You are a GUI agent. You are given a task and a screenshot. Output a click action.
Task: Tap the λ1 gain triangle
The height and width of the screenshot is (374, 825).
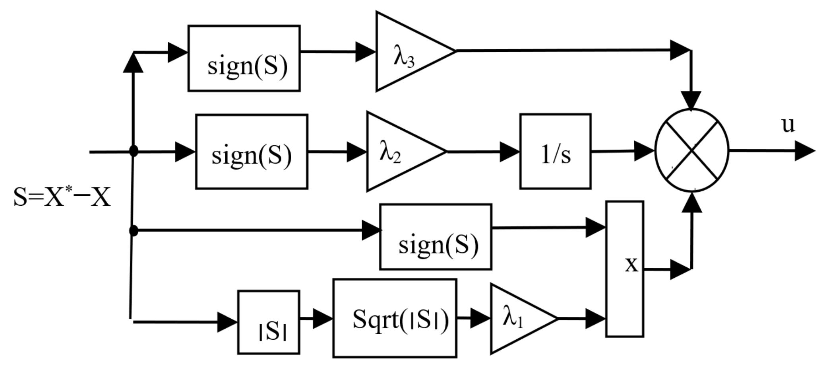point(517,318)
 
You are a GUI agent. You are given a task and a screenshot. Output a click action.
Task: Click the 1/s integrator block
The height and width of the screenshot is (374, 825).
point(555,152)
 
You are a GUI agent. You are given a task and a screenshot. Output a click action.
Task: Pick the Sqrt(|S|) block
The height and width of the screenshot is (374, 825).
point(395,318)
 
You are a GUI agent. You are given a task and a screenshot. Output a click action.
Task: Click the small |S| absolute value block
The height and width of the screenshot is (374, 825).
point(269,322)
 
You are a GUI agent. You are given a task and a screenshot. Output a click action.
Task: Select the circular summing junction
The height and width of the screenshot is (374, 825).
point(692,150)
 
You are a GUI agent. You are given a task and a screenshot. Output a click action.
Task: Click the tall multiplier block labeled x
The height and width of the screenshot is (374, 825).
point(624,269)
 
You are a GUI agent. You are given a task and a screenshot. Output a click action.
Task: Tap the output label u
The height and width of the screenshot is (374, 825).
point(788,125)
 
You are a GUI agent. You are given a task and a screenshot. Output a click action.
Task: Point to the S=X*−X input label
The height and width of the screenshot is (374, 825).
point(62,197)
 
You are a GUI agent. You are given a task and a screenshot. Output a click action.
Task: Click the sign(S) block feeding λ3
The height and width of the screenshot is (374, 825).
point(244,58)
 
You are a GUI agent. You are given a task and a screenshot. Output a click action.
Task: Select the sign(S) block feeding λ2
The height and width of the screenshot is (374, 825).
point(252,152)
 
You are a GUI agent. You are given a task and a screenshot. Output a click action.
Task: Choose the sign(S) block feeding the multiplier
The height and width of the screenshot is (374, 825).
point(436,237)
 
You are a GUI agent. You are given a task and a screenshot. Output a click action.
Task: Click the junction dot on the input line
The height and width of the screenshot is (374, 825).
point(134,151)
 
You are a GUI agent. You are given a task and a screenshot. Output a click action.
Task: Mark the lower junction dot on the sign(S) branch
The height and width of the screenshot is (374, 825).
point(134,230)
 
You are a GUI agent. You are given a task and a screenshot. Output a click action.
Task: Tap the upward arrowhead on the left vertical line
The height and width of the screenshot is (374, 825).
point(133,64)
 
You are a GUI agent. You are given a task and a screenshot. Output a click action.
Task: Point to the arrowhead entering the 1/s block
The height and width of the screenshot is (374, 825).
point(509,152)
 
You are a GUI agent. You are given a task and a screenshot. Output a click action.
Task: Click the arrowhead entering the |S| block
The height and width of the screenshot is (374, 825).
point(227,322)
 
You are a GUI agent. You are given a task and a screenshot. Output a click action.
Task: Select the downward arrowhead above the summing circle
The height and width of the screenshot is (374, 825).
point(691,100)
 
